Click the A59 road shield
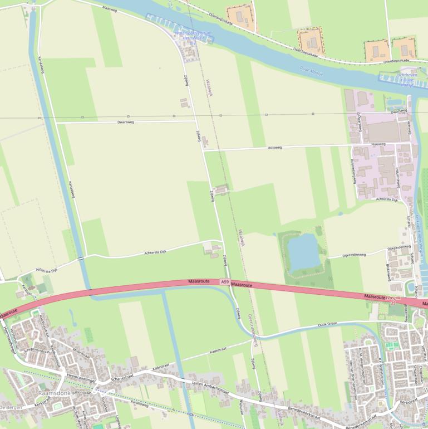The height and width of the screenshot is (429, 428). pos(224,282)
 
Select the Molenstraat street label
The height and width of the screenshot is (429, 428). pos(82,354)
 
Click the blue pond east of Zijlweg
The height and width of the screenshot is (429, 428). pos(304,252)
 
